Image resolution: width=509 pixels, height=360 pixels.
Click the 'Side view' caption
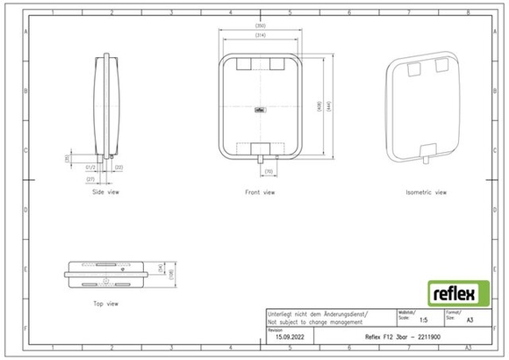point(105,191)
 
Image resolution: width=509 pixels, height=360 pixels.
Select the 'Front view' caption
point(261,191)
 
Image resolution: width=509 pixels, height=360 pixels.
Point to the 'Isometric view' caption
point(427,191)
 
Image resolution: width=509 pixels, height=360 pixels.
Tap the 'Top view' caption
point(105,303)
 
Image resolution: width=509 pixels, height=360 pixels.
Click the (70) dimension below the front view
point(269,171)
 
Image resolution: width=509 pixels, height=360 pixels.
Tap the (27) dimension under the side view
point(90,178)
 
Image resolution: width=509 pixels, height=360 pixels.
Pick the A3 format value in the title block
point(470,322)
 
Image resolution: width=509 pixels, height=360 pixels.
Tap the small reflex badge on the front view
point(261,110)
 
